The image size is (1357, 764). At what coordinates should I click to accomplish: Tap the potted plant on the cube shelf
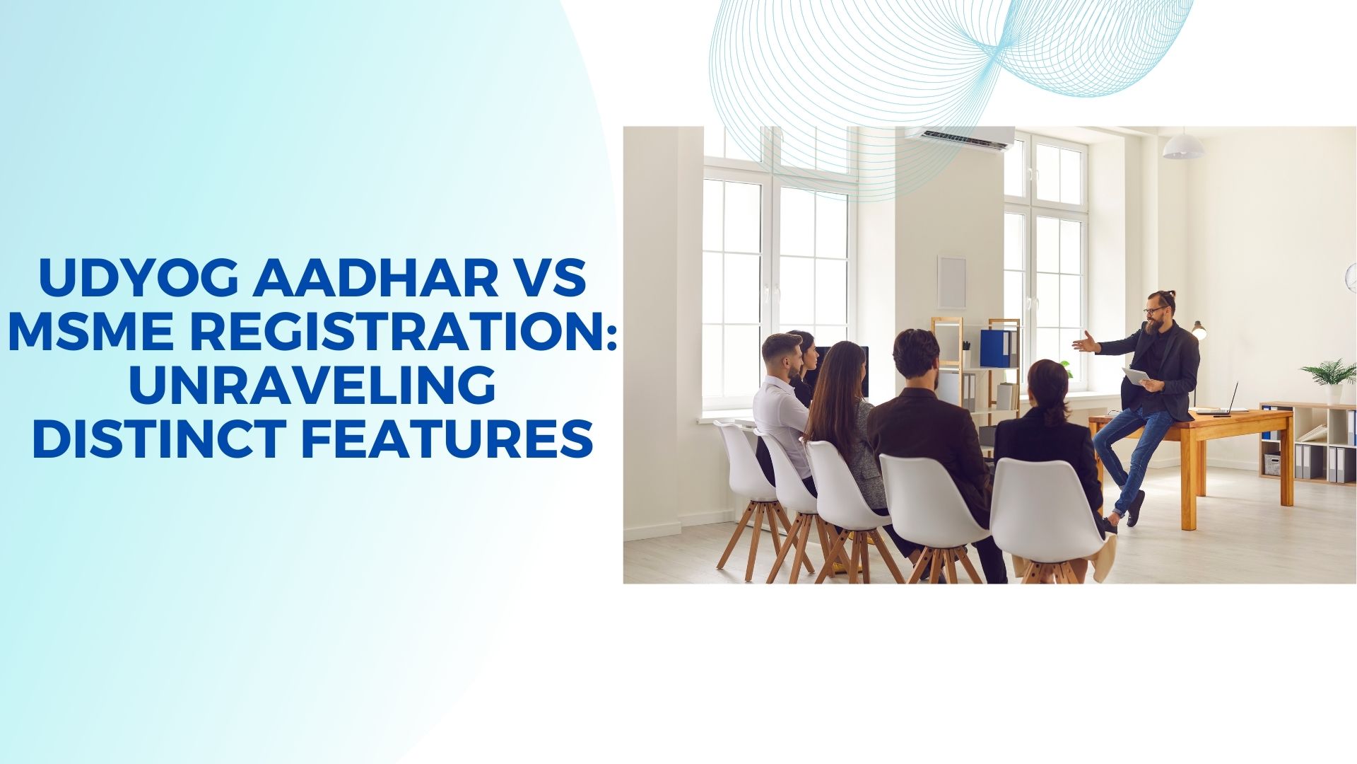(1329, 380)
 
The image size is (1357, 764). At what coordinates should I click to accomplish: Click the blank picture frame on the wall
(951, 282)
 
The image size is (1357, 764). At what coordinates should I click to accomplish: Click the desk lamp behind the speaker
(1199, 330)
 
